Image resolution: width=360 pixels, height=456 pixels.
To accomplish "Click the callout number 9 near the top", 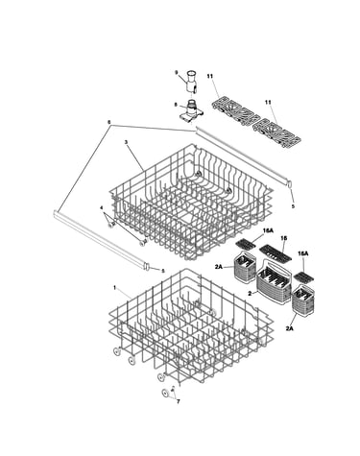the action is (x=176, y=72).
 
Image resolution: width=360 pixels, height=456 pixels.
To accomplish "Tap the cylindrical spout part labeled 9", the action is (x=191, y=82).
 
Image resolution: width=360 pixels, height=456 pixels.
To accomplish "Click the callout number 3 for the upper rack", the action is (x=126, y=142).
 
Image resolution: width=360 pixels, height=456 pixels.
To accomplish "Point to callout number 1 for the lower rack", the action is (x=115, y=288).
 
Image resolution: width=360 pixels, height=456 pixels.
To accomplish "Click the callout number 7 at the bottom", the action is (x=179, y=401).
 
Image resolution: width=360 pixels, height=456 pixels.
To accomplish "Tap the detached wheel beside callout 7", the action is (x=166, y=393).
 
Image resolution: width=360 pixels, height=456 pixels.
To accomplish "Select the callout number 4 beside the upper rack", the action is (x=102, y=207).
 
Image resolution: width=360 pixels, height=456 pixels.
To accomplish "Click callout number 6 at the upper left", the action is (x=109, y=122).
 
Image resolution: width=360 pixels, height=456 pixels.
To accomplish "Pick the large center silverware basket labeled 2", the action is (x=274, y=282).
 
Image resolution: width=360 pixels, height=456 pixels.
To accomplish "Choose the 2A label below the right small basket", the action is (x=289, y=328).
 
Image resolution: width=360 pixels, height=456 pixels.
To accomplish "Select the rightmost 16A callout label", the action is (x=302, y=253).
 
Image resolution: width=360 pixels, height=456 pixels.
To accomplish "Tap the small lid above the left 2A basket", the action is (x=246, y=245).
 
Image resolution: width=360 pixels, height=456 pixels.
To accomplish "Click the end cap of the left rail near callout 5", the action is (x=148, y=267).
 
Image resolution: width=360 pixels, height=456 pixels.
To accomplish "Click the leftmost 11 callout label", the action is (x=210, y=76).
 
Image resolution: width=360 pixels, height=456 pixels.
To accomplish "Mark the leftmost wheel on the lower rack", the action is (x=117, y=351).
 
